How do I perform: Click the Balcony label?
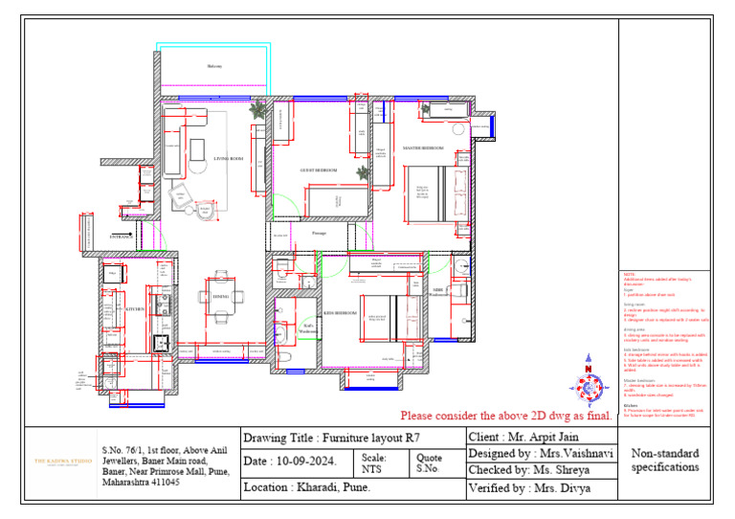(214, 66)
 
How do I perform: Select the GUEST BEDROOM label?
(318, 169)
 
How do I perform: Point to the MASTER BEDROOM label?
(423, 149)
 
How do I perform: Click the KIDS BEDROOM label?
(340, 313)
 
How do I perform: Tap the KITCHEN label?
(135, 309)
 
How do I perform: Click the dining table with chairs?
(219, 297)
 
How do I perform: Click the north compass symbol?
(590, 381)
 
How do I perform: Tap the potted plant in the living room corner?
(256, 111)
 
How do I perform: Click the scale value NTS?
(371, 469)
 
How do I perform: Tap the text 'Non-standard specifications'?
(665, 461)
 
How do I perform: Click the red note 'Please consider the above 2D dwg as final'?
(506, 416)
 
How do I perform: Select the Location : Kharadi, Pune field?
(307, 487)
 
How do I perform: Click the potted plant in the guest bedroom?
(363, 173)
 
